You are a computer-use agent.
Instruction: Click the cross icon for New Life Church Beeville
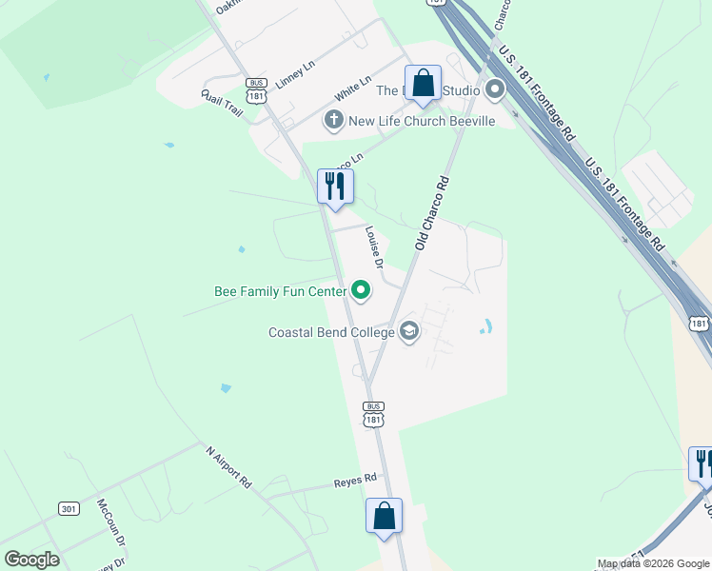[333, 120]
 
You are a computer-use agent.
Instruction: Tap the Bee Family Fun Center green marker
[361, 290]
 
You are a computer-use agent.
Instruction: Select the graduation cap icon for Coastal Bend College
[409, 332]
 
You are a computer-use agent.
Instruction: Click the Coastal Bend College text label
[331, 333]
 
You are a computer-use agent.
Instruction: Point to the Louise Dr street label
[374, 246]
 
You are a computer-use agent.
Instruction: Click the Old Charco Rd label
[431, 212]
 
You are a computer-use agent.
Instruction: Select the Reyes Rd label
[356, 479]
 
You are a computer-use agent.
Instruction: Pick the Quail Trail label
[222, 104]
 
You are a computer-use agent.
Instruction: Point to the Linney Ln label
[295, 76]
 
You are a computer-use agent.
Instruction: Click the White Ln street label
[352, 91]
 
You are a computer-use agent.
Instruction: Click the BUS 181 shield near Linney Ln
[255, 90]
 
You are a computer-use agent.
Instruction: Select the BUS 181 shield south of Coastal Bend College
[373, 413]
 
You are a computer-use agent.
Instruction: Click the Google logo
[31, 560]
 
